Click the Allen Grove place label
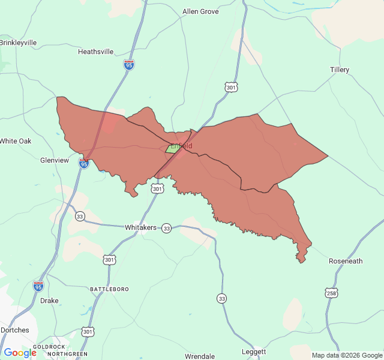point(200,11)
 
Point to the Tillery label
point(339,70)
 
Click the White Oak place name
point(15,141)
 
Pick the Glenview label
point(55,160)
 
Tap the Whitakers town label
point(140,228)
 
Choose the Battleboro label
point(109,289)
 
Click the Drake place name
point(49,301)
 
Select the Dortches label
point(14,330)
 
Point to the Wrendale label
point(200,356)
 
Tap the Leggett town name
point(254,351)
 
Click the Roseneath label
point(346,261)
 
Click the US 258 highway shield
point(331,293)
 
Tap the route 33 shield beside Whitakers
point(166,228)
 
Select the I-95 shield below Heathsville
point(129,64)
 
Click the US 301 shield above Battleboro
point(109,259)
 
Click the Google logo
point(20,353)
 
